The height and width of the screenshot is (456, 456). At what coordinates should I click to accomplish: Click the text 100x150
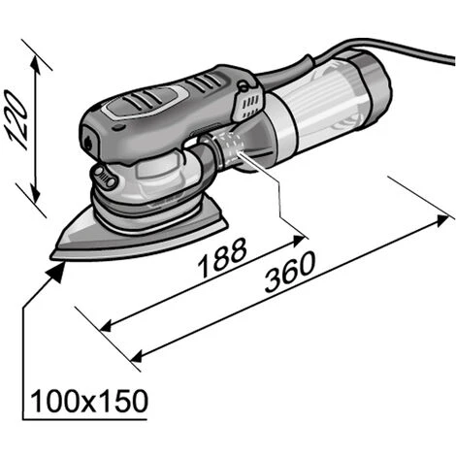[88, 400]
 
